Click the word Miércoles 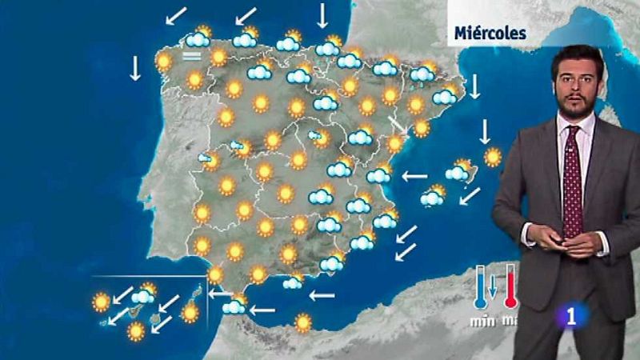(x=490, y=33)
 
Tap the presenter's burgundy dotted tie (x=571, y=184)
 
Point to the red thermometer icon (x=510, y=286)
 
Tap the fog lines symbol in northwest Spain (x=190, y=56)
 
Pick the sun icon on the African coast (x=302, y=322)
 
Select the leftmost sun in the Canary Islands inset (x=101, y=302)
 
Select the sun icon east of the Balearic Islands (x=493, y=157)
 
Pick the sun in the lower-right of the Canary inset (x=190, y=312)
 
